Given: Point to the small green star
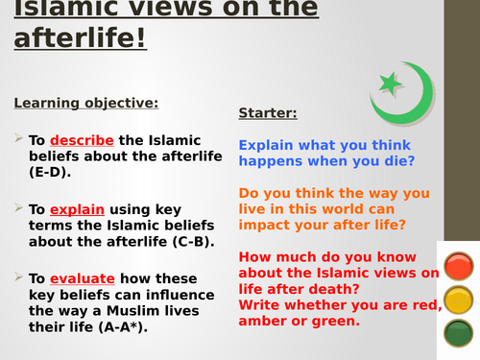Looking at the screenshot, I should tap(390, 84).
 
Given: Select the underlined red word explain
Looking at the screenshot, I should tap(77, 209).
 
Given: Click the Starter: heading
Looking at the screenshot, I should tap(268, 113).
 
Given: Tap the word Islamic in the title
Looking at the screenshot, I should tap(58, 7).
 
